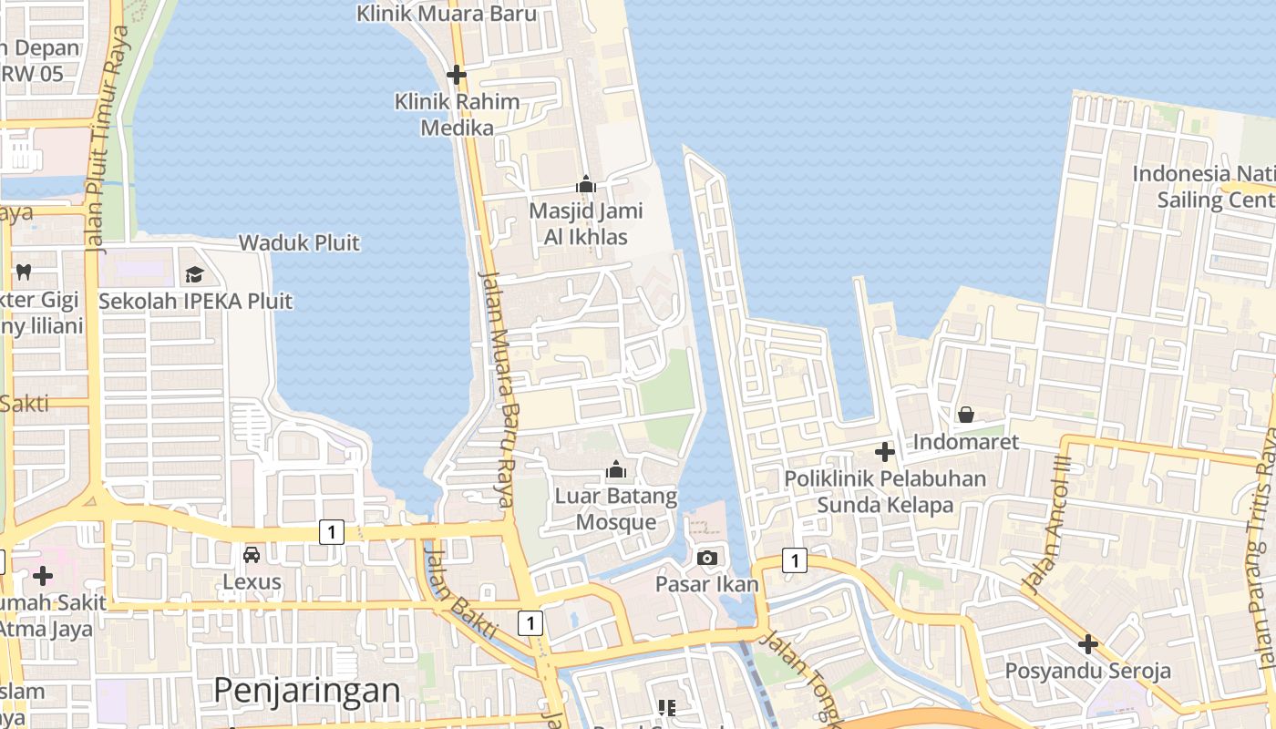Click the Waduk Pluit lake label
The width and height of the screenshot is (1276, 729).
pyautogui.click(x=299, y=243)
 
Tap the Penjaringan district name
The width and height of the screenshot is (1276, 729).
pyautogui.click(x=306, y=691)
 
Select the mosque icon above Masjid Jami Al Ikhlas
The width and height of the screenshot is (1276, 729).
pyautogui.click(x=586, y=185)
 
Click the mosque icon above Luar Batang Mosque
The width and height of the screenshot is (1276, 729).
pyautogui.click(x=616, y=470)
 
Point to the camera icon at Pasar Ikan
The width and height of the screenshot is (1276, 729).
pyautogui.click(x=706, y=558)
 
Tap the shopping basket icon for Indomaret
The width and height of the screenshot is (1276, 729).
pyautogui.click(x=965, y=416)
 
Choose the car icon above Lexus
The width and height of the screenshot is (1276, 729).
pyautogui.click(x=252, y=555)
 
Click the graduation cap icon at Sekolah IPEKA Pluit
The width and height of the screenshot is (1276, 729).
pyautogui.click(x=194, y=274)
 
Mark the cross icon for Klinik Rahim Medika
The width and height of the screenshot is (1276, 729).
pyautogui.click(x=457, y=75)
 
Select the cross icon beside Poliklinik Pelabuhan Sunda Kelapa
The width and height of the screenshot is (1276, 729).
pyautogui.click(x=884, y=451)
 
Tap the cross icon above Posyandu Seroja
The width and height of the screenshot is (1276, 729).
pyautogui.click(x=1087, y=644)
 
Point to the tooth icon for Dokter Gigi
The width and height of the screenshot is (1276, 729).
pyautogui.click(x=24, y=271)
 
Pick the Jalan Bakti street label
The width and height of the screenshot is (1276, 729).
pyautogui.click(x=460, y=592)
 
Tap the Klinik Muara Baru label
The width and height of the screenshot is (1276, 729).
pyautogui.click(x=446, y=14)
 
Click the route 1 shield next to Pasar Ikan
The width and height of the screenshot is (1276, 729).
pyautogui.click(x=794, y=560)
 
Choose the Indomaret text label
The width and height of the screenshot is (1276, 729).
pyautogui.click(x=965, y=442)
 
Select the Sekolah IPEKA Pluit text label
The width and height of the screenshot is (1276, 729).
pyautogui.click(x=196, y=301)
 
